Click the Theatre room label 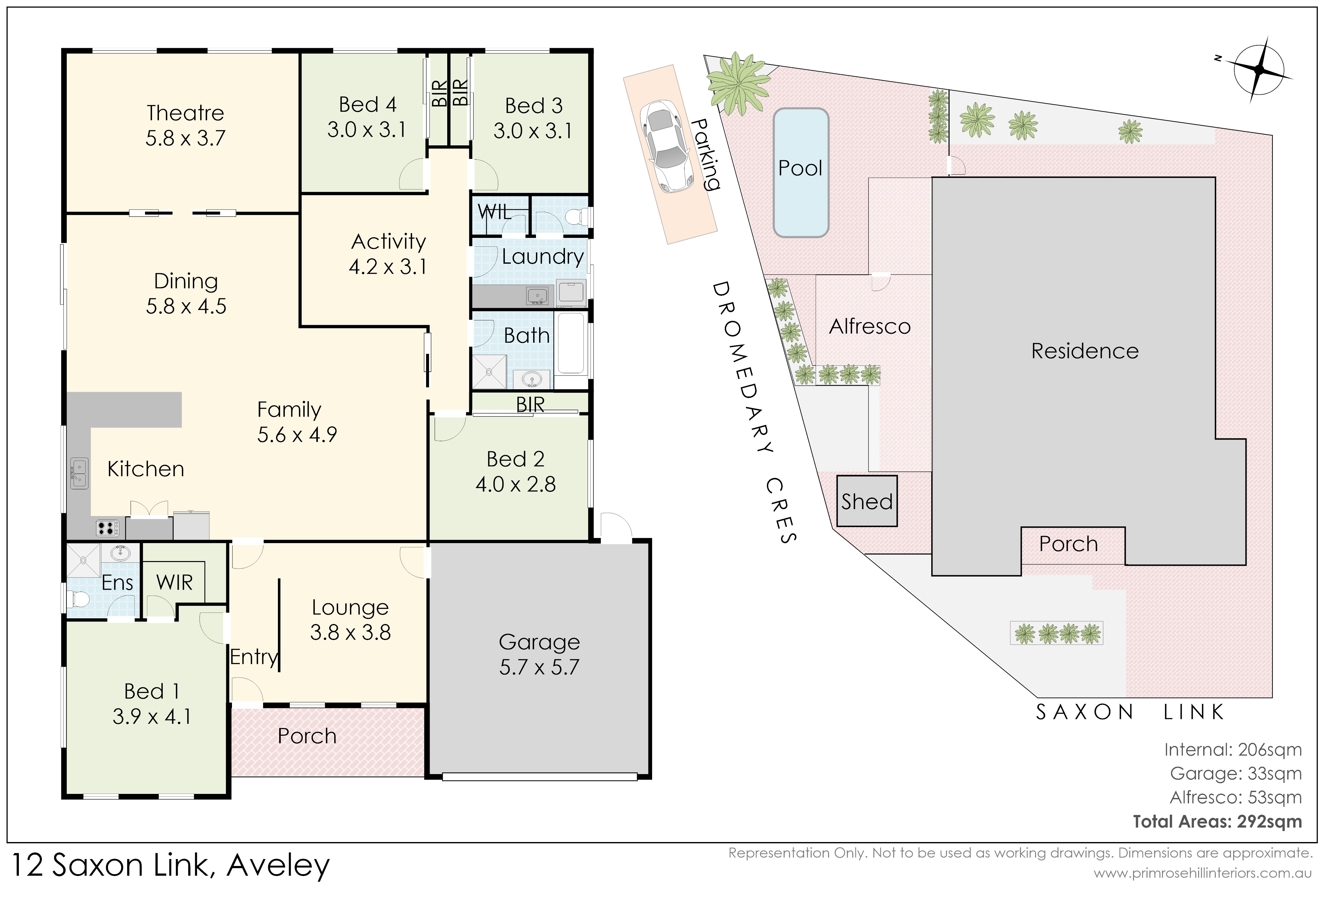[185, 113]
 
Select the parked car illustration [666, 146]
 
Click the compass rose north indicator [1259, 70]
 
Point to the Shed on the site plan [867, 501]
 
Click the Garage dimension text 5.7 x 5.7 [539, 667]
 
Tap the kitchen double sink [79, 473]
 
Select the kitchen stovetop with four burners [107, 528]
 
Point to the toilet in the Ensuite [78, 599]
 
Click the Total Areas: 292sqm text [1217, 822]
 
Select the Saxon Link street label [1130, 712]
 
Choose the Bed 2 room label [516, 459]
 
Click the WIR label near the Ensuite [174, 583]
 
